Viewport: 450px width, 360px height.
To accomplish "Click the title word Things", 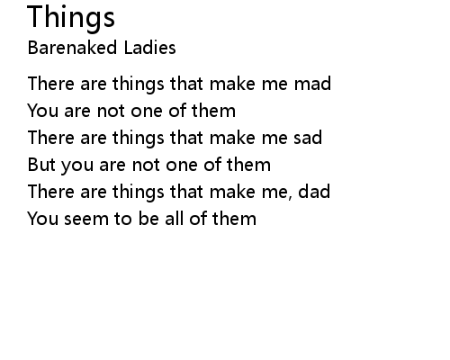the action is (x=71, y=18).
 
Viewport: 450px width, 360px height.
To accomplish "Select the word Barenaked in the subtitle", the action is (x=72, y=48).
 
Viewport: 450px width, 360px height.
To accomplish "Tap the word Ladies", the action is (x=149, y=48).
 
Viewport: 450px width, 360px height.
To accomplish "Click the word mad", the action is (x=312, y=83).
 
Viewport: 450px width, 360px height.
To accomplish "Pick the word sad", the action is (x=308, y=137).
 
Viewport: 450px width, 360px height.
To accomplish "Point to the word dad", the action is (x=314, y=191).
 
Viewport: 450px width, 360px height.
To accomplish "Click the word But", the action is (x=41, y=165).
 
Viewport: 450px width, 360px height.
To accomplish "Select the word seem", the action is (x=86, y=219).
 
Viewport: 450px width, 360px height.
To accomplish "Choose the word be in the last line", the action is (x=148, y=218).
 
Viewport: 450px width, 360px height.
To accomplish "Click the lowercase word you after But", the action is (x=77, y=166).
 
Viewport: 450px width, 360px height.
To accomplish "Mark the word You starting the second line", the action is (x=42, y=111).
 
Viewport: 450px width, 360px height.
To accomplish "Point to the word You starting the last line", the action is (x=42, y=219).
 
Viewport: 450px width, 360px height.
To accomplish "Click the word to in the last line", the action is (x=122, y=219).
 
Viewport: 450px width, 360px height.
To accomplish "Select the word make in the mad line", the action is (x=232, y=83).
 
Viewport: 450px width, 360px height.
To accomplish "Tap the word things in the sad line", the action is (x=139, y=139).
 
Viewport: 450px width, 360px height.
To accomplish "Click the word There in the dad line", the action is (x=50, y=192).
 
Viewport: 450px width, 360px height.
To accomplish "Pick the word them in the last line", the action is (x=234, y=218).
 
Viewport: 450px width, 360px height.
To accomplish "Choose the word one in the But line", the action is (x=182, y=166).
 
